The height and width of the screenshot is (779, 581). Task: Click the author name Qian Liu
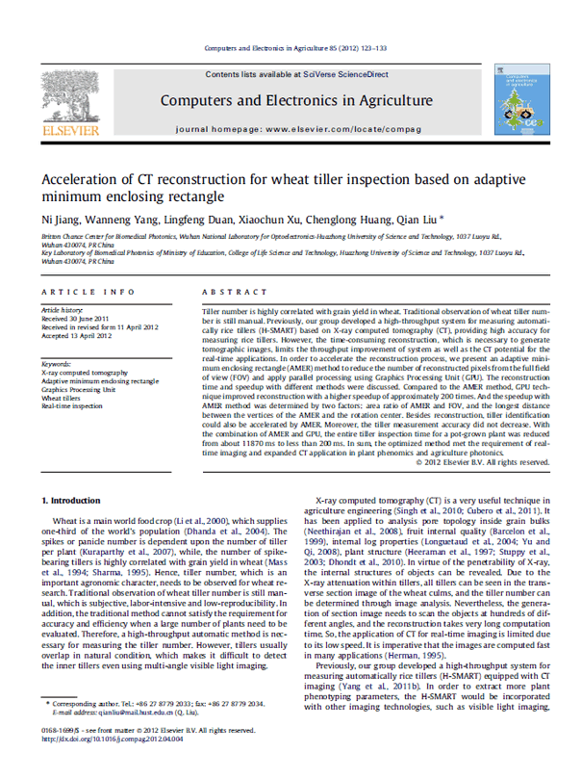pyautogui.click(x=417, y=219)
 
